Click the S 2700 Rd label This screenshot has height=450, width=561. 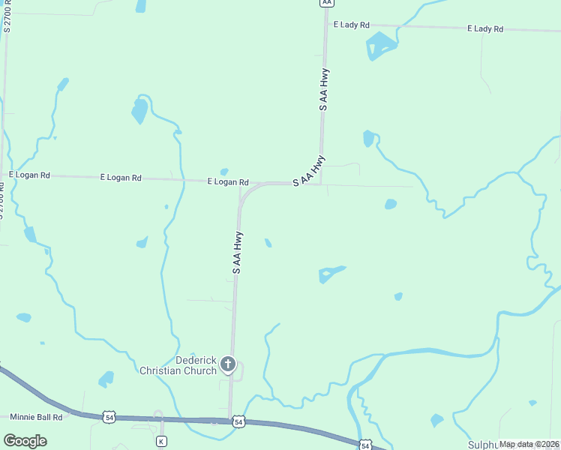(x=8, y=16)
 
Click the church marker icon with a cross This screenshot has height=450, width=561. (x=228, y=365)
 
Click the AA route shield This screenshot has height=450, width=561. (x=325, y=3)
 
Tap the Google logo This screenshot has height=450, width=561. (x=25, y=441)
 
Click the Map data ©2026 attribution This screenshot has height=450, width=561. (x=529, y=444)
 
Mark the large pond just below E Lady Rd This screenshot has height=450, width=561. (x=380, y=45)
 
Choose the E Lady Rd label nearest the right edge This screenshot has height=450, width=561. (x=484, y=28)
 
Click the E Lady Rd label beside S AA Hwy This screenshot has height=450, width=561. (x=354, y=25)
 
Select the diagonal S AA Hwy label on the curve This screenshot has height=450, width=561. (x=309, y=171)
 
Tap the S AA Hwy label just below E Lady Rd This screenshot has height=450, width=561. (x=324, y=90)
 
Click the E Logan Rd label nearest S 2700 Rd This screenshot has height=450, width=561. (x=29, y=175)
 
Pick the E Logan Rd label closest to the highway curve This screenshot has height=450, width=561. (x=228, y=182)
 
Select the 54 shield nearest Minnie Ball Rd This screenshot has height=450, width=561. (x=109, y=416)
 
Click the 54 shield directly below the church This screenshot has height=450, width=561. (x=238, y=422)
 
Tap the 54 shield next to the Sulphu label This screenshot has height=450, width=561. (x=364, y=445)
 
